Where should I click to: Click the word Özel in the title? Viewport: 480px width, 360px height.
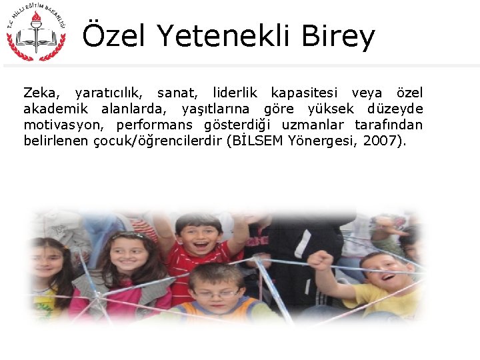pyautogui.click(x=113, y=37)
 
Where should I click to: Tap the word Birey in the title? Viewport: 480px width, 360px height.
pyautogui.click(x=338, y=37)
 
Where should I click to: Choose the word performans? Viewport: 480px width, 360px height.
pyautogui.click(x=154, y=125)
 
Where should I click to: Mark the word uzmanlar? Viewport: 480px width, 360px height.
pyautogui.click(x=313, y=125)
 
